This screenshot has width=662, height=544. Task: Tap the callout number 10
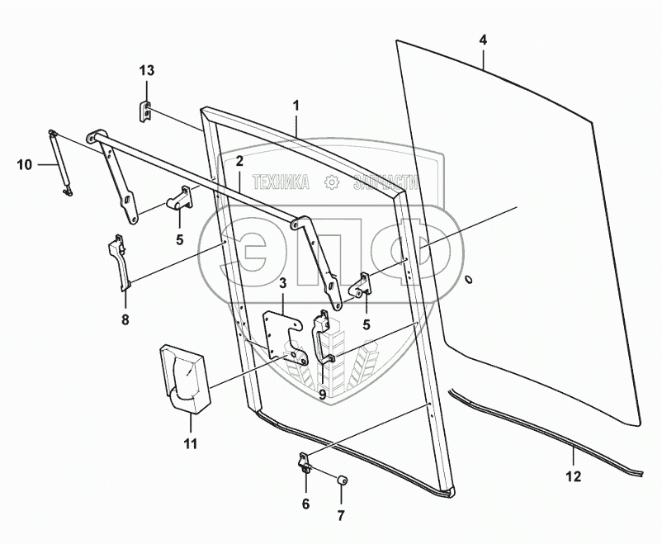point(24,165)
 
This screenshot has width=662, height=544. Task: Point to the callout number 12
point(573,476)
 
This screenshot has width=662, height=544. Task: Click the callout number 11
point(191,444)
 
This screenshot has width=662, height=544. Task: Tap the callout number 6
point(305,503)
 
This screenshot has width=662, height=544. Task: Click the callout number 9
point(323,394)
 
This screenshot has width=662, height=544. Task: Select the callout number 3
point(282,285)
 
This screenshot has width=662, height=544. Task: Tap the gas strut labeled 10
point(60,163)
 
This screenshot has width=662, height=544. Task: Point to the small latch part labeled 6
point(305,464)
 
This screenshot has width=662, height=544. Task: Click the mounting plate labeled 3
point(283,335)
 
